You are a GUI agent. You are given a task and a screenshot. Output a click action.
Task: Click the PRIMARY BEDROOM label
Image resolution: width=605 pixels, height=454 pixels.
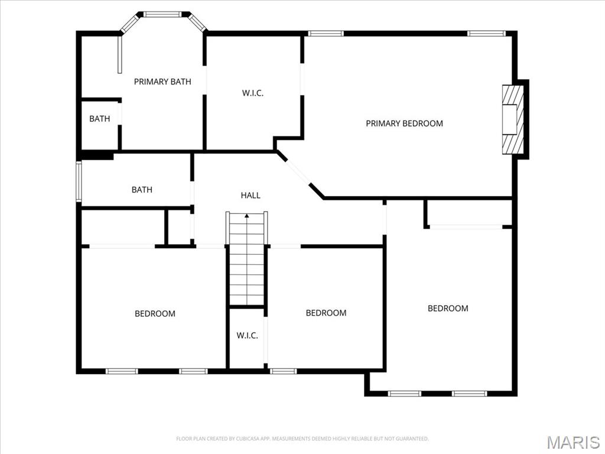point(404,124)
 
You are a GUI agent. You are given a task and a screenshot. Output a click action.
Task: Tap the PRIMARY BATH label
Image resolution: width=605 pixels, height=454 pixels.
point(162,82)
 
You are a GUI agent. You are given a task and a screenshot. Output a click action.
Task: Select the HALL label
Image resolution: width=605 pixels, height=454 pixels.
point(251,195)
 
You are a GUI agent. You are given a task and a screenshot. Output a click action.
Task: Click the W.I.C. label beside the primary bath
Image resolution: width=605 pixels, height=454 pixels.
point(253,93)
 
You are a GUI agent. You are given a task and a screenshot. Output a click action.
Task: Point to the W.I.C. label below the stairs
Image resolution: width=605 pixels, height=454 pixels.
point(247,335)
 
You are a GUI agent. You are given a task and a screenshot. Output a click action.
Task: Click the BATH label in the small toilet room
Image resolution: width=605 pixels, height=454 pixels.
point(99,119)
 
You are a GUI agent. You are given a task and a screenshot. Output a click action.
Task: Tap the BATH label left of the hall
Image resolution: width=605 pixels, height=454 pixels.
point(142,190)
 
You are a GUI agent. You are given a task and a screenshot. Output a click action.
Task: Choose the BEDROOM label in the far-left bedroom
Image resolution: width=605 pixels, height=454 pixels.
point(155,313)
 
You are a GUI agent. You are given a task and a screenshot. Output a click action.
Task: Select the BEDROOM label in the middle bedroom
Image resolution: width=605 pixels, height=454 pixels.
point(326,313)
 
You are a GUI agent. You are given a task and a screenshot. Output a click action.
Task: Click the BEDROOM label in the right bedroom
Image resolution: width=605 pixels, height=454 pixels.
point(448,308)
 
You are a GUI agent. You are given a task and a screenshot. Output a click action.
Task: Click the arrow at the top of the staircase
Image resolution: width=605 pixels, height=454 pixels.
point(247,216)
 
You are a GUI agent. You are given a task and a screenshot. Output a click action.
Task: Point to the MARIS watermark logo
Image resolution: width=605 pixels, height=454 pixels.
point(573,442)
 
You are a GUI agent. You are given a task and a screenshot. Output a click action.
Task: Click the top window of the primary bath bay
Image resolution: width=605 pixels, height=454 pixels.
point(163,14)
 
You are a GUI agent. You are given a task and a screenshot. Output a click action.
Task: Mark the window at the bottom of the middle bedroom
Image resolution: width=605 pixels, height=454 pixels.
point(283,371)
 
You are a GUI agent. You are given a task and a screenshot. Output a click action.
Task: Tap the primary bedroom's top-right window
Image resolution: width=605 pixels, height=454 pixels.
point(486,34)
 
